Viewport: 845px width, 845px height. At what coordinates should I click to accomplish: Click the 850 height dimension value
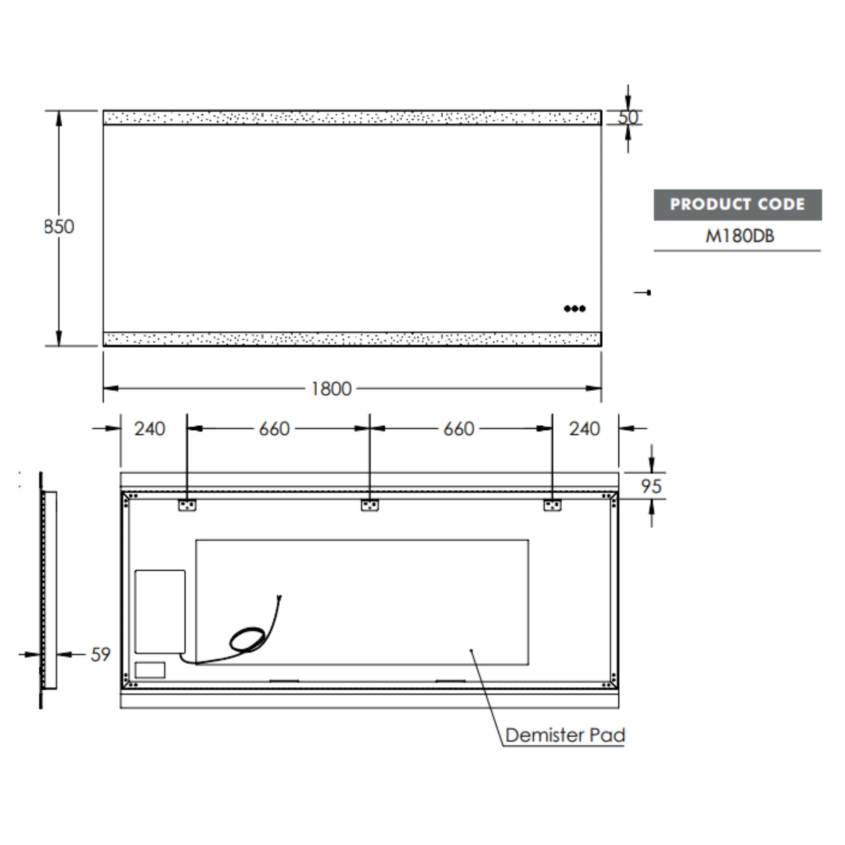(59, 227)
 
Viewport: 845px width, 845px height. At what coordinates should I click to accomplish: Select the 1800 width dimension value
(331, 389)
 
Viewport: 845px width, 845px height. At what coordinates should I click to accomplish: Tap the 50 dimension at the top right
(628, 118)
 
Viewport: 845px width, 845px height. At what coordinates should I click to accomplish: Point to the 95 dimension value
(651, 486)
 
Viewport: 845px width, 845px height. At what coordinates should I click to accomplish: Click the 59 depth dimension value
(100, 655)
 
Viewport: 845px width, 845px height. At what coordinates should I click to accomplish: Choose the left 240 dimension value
(150, 429)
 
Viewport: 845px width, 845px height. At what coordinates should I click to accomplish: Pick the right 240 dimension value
(584, 429)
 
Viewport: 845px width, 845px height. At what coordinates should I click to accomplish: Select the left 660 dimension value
(274, 429)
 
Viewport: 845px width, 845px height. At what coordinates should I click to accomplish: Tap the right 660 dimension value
(459, 429)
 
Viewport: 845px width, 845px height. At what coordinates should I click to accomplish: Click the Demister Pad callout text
(565, 735)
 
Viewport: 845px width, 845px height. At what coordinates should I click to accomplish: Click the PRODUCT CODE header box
(737, 205)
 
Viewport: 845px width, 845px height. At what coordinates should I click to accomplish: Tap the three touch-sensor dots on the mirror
(574, 309)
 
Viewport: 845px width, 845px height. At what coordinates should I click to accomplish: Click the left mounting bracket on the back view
(187, 505)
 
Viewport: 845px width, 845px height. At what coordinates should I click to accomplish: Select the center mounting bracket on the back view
(370, 505)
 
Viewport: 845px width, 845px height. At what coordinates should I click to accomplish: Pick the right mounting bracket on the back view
(552, 505)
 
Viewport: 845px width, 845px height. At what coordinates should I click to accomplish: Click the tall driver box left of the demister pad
(160, 611)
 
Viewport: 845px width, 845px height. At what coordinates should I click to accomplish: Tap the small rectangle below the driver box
(150, 670)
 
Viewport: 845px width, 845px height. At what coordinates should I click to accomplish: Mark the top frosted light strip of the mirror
(352, 118)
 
